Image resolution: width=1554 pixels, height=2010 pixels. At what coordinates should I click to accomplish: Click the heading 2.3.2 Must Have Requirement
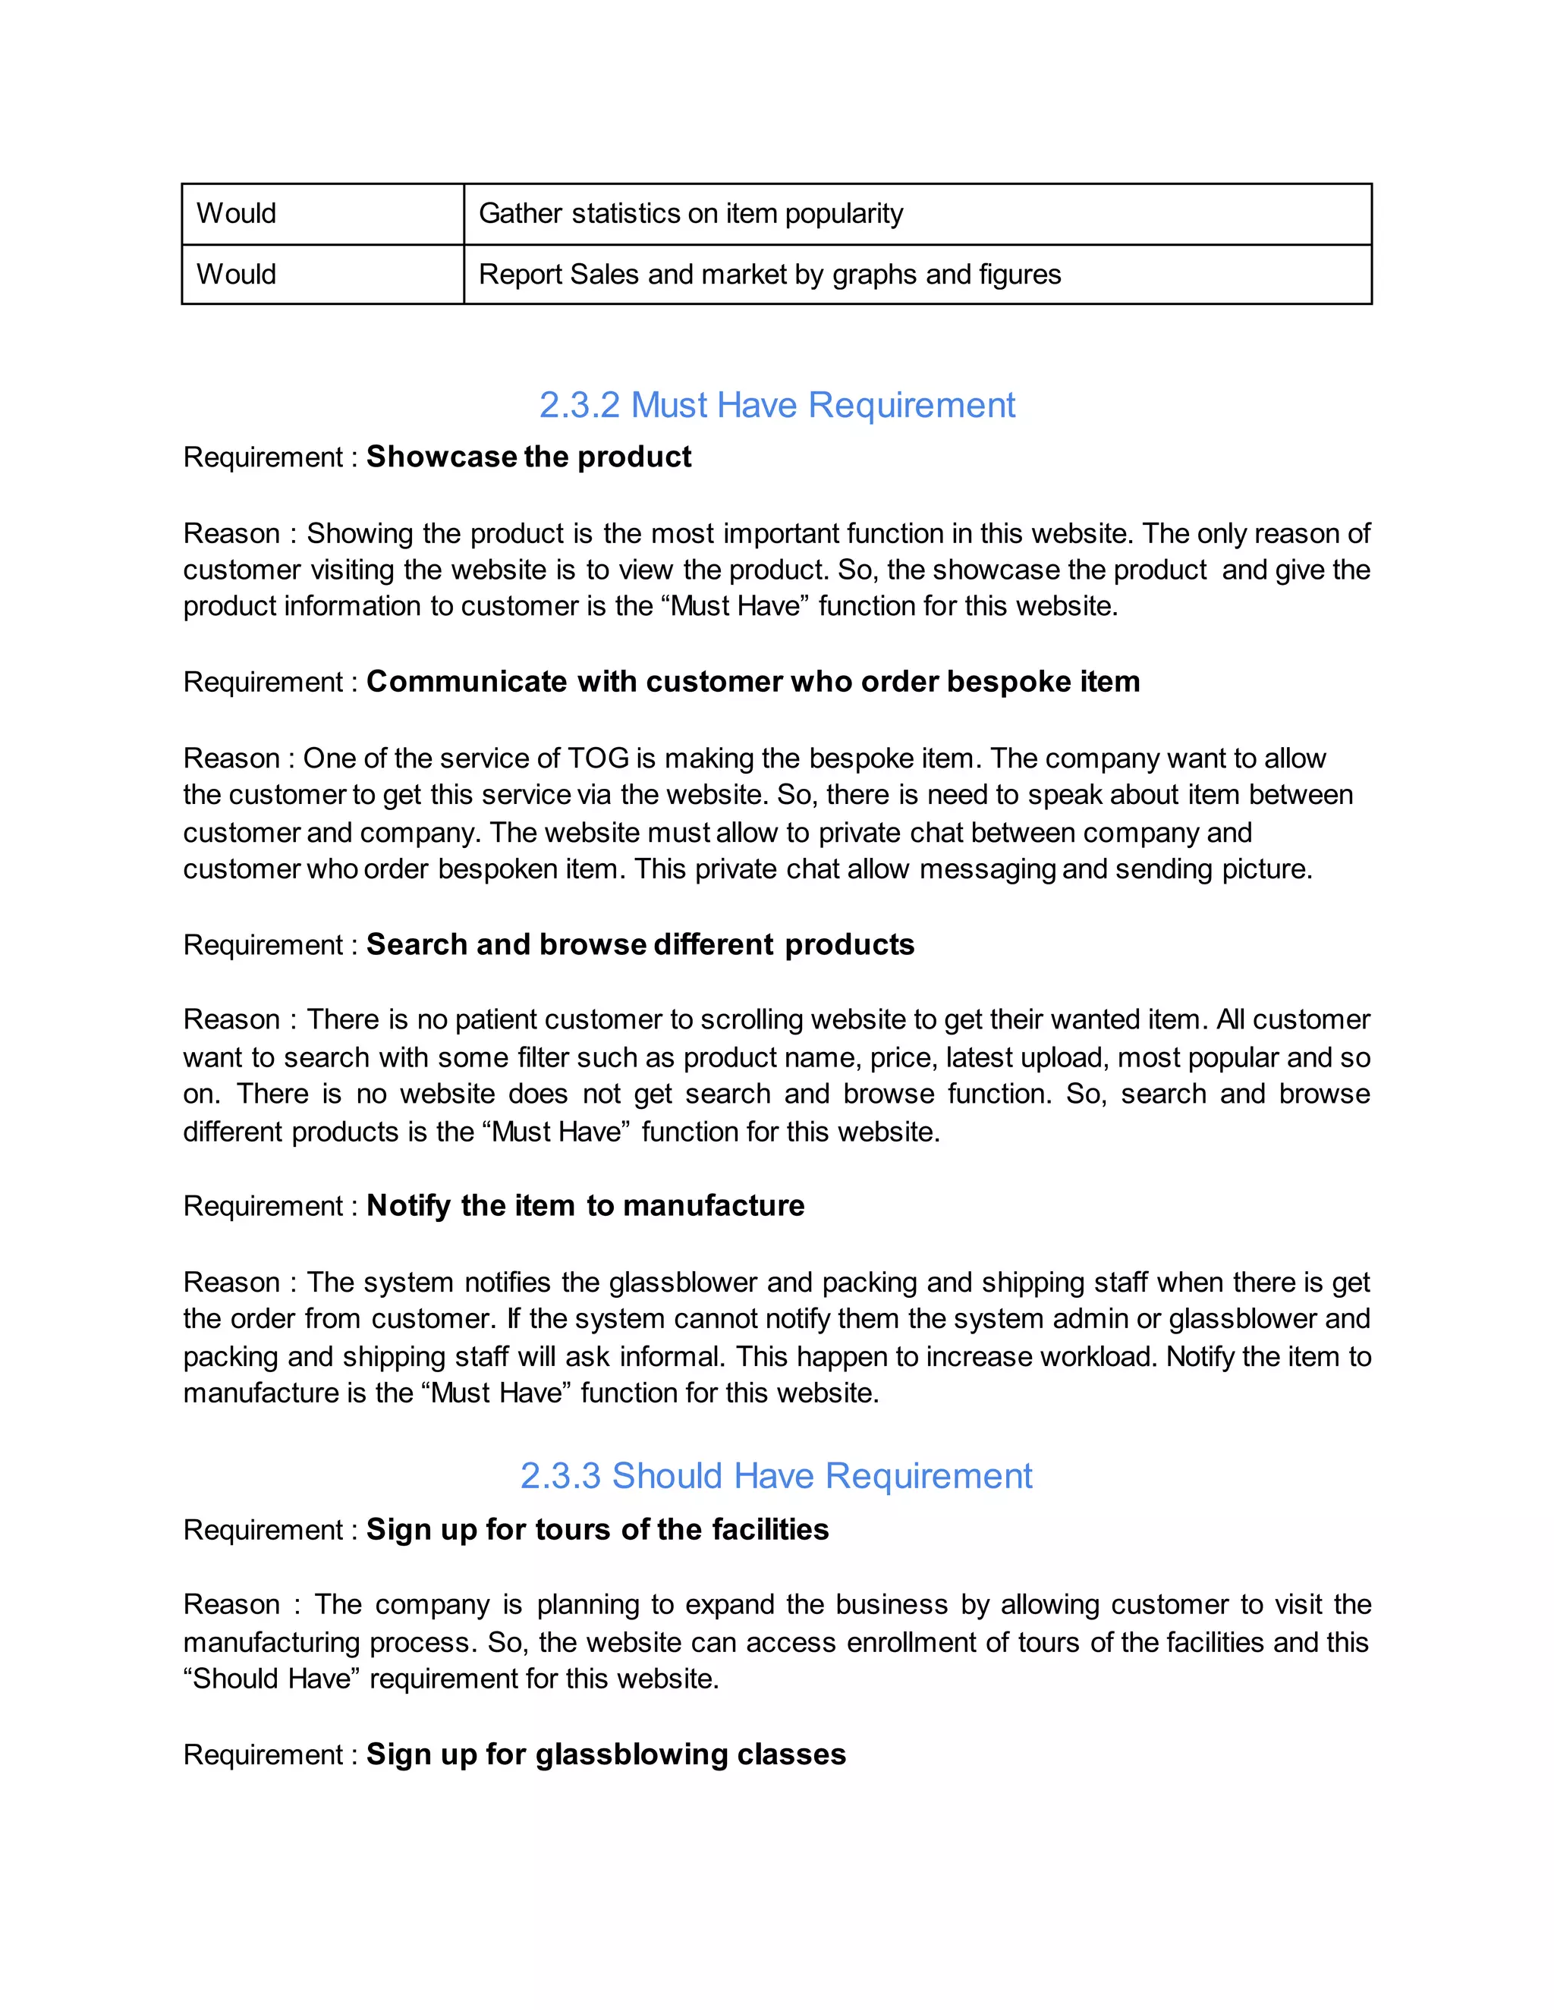(776, 405)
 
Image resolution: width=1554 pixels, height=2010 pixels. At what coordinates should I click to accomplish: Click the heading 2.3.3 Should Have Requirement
(776, 1475)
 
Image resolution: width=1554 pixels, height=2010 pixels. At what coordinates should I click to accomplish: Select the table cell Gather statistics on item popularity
(690, 214)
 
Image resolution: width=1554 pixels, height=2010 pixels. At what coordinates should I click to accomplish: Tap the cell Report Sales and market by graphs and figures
(769, 275)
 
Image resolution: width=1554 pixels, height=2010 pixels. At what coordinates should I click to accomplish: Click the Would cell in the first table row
(237, 214)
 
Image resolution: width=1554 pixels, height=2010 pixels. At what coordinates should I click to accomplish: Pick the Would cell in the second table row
(237, 275)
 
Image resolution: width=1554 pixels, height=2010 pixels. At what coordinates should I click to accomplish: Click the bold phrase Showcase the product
(528, 457)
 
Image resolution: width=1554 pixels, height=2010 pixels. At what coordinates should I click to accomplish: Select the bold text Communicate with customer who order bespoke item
(753, 681)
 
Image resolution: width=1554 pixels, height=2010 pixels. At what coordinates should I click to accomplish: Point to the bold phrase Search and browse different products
(640, 944)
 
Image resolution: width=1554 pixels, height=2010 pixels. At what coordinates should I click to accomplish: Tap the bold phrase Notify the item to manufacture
(586, 1206)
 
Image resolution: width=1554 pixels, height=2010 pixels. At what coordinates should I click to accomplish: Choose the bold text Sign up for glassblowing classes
(606, 1754)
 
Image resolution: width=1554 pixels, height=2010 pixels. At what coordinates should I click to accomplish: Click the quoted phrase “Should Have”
(272, 1679)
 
